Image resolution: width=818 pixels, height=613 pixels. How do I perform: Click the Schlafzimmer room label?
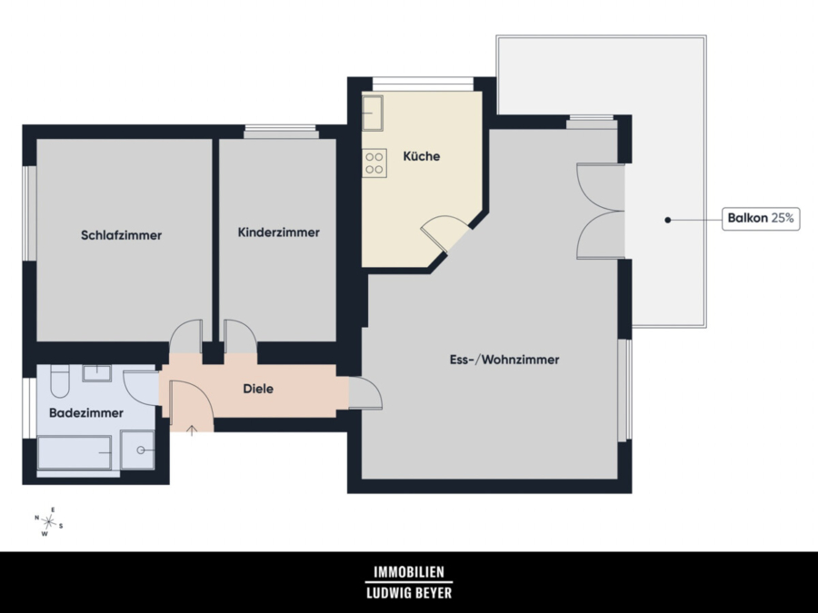[121, 235]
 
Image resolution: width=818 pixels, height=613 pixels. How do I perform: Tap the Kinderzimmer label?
[279, 232]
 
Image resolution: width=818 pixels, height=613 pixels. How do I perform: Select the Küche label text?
[422, 156]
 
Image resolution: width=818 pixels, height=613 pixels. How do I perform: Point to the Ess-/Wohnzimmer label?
[504, 359]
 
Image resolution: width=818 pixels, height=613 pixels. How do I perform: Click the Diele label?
[258, 389]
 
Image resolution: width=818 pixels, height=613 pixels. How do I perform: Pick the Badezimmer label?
[86, 413]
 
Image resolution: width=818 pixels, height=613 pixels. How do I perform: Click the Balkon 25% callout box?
[761, 218]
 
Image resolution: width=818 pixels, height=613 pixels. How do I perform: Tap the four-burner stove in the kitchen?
[374, 163]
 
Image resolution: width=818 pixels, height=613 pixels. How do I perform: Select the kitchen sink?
[373, 114]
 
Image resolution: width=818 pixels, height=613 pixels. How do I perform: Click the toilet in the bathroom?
[60, 381]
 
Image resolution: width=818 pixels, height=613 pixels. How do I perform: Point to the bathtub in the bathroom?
[75, 452]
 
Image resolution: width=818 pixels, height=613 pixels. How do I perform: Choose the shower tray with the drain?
[138, 450]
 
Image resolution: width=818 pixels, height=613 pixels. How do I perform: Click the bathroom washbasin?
[97, 372]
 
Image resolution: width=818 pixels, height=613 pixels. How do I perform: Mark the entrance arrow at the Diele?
[192, 430]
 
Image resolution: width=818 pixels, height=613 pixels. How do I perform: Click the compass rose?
[49, 520]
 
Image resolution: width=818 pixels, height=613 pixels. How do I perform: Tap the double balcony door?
[601, 211]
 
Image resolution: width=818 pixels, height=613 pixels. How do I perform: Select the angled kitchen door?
[442, 233]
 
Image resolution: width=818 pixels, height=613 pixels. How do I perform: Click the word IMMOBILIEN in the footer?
[409, 572]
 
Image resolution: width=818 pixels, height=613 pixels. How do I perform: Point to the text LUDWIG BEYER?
[409, 593]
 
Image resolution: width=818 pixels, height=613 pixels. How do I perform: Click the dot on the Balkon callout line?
[668, 220]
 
